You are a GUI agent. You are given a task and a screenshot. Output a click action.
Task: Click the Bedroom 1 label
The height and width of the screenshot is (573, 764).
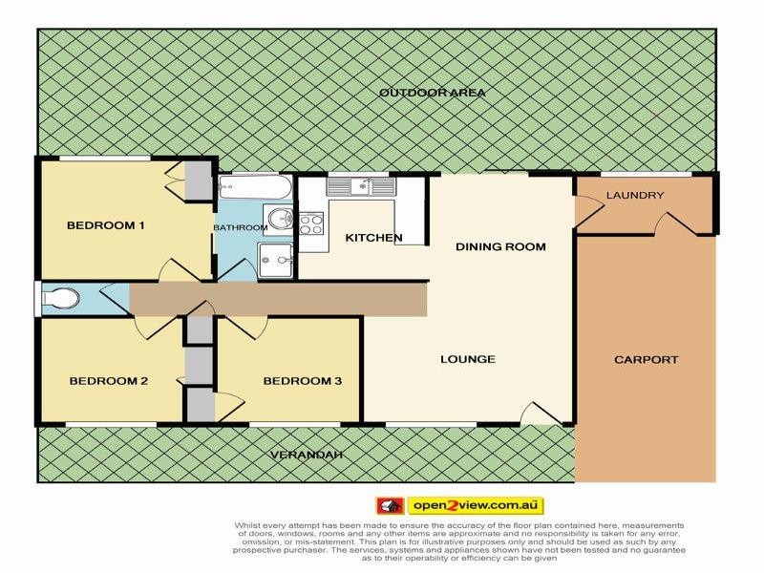coord(105,226)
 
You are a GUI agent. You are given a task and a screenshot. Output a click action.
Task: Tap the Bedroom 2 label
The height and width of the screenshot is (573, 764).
coord(108,382)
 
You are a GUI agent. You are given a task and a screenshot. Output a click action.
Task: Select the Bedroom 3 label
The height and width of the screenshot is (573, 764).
coord(302,382)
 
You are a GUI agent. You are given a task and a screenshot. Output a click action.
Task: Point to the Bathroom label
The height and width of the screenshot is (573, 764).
coord(240,228)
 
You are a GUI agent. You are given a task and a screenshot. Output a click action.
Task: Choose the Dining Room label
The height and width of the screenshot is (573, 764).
coord(500,247)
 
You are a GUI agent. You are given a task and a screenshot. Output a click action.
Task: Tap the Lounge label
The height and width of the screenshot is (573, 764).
coord(467,360)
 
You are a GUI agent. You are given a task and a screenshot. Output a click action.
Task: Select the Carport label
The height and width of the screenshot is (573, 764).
coord(646,360)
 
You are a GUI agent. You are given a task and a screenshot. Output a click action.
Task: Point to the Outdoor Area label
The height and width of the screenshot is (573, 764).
coord(433,93)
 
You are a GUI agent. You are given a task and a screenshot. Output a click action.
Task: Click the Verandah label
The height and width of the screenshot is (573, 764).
coord(305,455)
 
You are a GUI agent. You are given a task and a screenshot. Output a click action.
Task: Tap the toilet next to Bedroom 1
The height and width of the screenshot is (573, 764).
coord(59,299)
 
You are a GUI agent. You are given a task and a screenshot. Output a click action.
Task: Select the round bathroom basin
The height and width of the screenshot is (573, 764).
coord(279,220)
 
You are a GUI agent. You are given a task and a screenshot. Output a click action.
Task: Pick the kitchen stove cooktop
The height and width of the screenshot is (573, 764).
coord(311,224)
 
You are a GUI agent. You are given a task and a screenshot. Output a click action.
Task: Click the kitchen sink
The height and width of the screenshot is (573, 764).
coord(360,186)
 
